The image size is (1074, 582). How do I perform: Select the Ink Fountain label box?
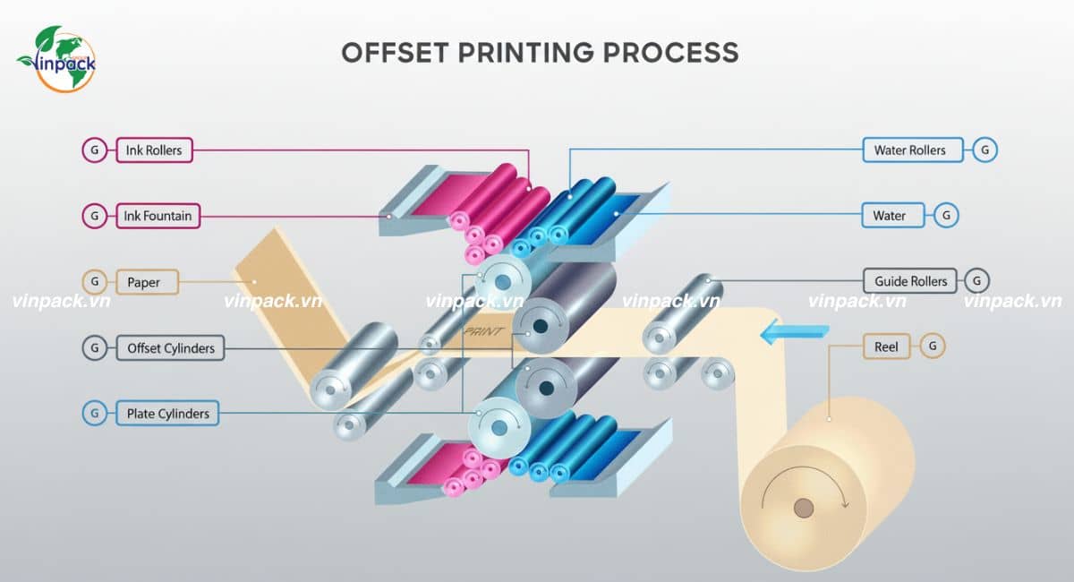pyautogui.click(x=158, y=216)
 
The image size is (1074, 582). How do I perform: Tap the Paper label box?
pyautogui.click(x=143, y=282)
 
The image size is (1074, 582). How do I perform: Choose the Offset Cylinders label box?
pyautogui.click(x=170, y=347)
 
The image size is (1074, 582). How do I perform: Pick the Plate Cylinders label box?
pyautogui.click(x=167, y=414)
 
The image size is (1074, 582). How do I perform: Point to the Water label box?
pyautogui.click(x=890, y=216)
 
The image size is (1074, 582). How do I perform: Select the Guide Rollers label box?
pyautogui.click(x=910, y=281)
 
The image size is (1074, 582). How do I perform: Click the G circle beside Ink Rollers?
pyautogui.click(x=94, y=150)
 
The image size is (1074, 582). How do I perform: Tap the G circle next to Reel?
pyautogui.click(x=933, y=346)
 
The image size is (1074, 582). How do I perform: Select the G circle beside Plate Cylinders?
pyautogui.click(x=94, y=414)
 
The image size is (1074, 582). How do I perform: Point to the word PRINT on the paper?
pyautogui.click(x=483, y=331)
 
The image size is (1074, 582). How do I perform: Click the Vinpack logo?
pyautogui.click(x=55, y=58)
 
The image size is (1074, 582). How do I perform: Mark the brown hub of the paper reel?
pyautogui.click(x=804, y=509)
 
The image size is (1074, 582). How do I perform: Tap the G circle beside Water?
pyautogui.click(x=946, y=216)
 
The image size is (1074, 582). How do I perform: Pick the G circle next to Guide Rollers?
pyautogui.click(x=976, y=281)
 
